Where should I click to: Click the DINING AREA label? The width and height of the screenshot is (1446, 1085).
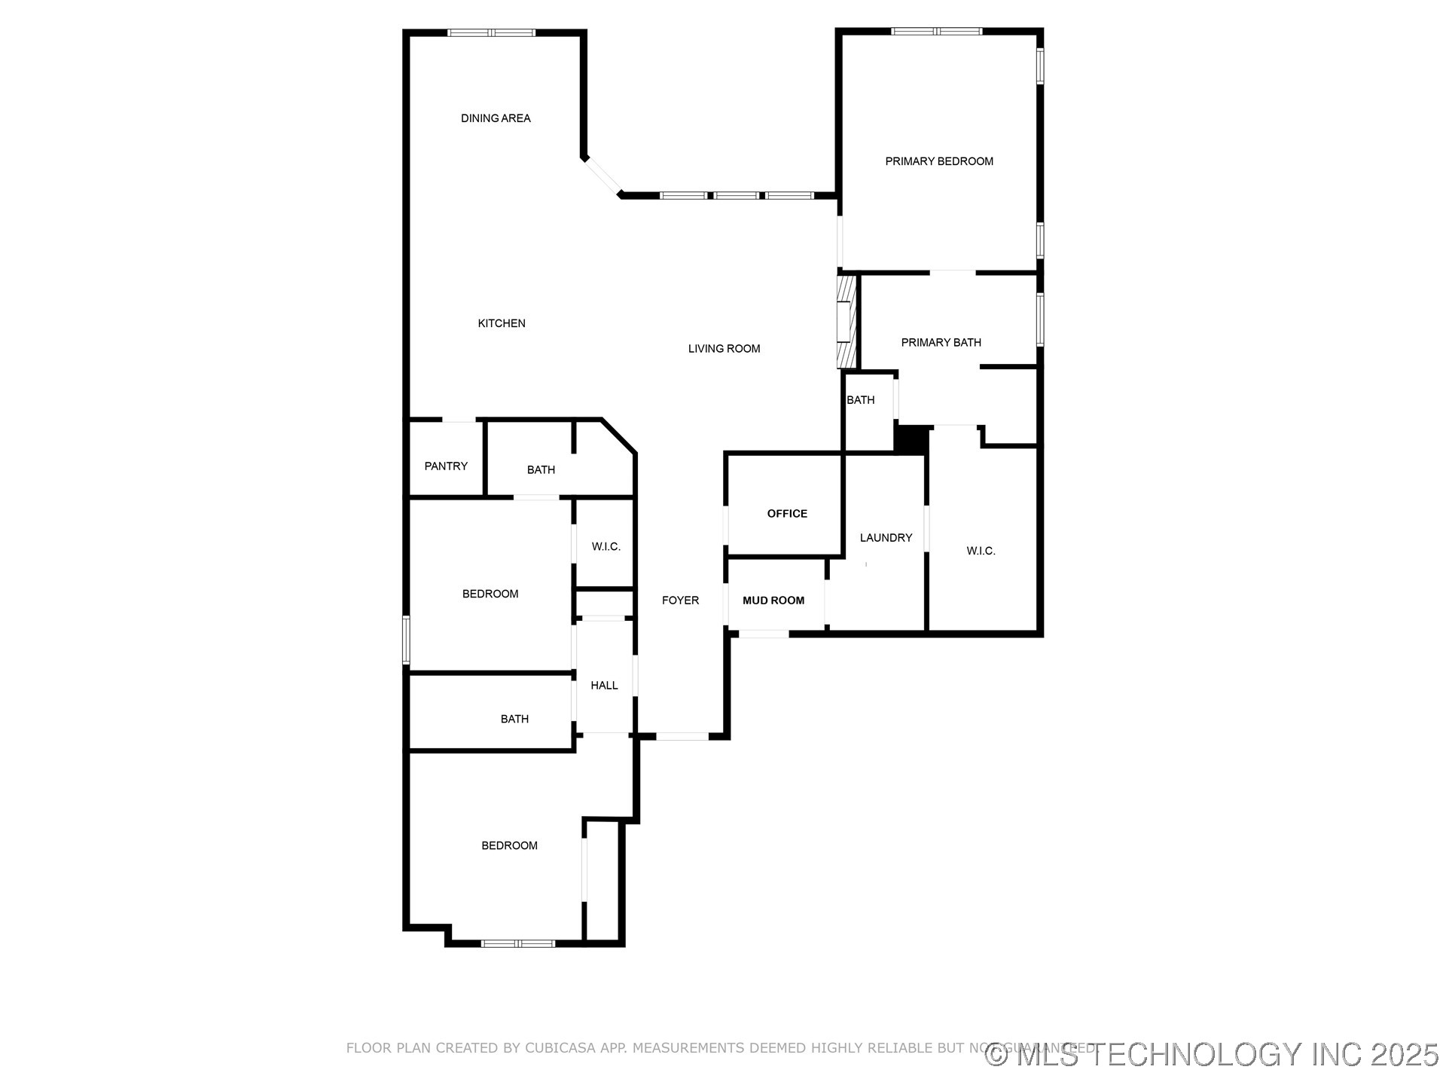[x=496, y=118]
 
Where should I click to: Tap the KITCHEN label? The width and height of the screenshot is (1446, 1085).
[x=502, y=323]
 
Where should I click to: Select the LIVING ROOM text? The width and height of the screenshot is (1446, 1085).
[x=724, y=348]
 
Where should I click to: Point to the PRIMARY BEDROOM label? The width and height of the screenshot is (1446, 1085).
[x=938, y=161]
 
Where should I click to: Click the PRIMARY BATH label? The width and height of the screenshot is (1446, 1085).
[x=941, y=343]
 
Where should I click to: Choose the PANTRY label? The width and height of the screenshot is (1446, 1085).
[x=446, y=466]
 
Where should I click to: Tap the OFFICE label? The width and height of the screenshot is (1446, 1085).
[x=787, y=514]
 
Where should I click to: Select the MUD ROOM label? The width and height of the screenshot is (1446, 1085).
[x=773, y=601]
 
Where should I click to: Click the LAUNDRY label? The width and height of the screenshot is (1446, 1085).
[x=886, y=538]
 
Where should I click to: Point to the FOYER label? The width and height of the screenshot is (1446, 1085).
[x=680, y=601]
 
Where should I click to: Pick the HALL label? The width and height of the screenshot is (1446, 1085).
[x=604, y=686]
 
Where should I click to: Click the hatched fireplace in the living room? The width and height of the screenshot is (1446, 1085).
[x=847, y=322]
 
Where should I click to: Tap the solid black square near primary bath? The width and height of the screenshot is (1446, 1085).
[x=911, y=440]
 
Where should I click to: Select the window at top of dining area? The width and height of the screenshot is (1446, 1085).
[x=491, y=33]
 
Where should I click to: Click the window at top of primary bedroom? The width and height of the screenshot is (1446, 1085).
[x=936, y=32]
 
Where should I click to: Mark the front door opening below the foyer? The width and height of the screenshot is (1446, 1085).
[x=682, y=736]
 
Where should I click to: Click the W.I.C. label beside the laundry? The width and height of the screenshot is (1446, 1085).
[x=981, y=552]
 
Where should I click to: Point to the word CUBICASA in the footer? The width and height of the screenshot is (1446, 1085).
[x=560, y=1048]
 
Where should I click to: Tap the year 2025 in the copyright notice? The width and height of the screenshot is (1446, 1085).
[x=1405, y=1055]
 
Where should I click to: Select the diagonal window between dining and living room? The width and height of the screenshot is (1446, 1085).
[x=603, y=176]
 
